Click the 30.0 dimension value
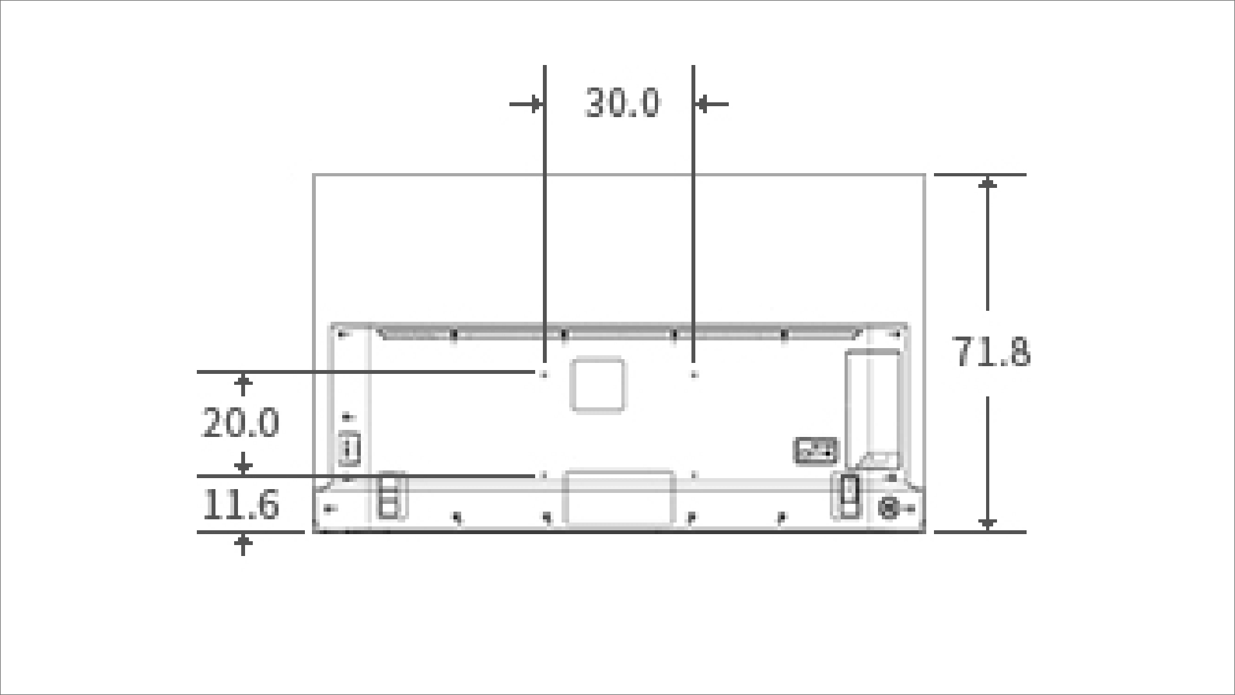(622, 103)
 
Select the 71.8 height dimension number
(991, 353)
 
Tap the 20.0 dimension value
(241, 423)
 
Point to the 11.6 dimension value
(241, 505)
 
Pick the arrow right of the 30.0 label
(711, 104)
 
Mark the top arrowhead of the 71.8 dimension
(988, 184)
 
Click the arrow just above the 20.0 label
(243, 385)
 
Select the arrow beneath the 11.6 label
(243, 544)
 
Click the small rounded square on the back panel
(598, 385)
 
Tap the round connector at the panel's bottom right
(888, 508)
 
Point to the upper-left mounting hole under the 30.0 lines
(544, 373)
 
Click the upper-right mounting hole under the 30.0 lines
(693, 373)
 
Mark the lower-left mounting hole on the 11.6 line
(544, 476)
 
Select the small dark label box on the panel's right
(816, 450)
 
